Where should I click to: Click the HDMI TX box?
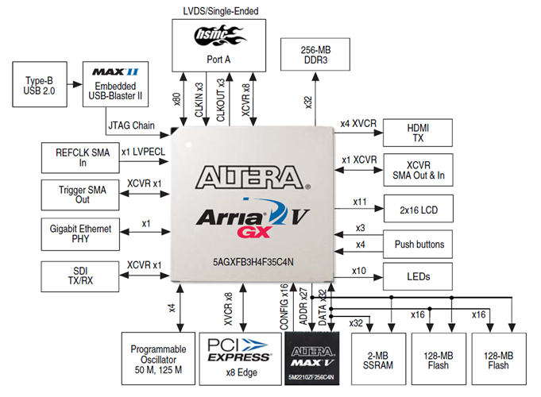(418, 132)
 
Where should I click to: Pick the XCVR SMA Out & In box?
(418, 168)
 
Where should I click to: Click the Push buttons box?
(418, 243)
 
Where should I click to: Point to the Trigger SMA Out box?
(79, 194)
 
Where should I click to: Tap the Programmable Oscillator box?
(156, 358)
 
